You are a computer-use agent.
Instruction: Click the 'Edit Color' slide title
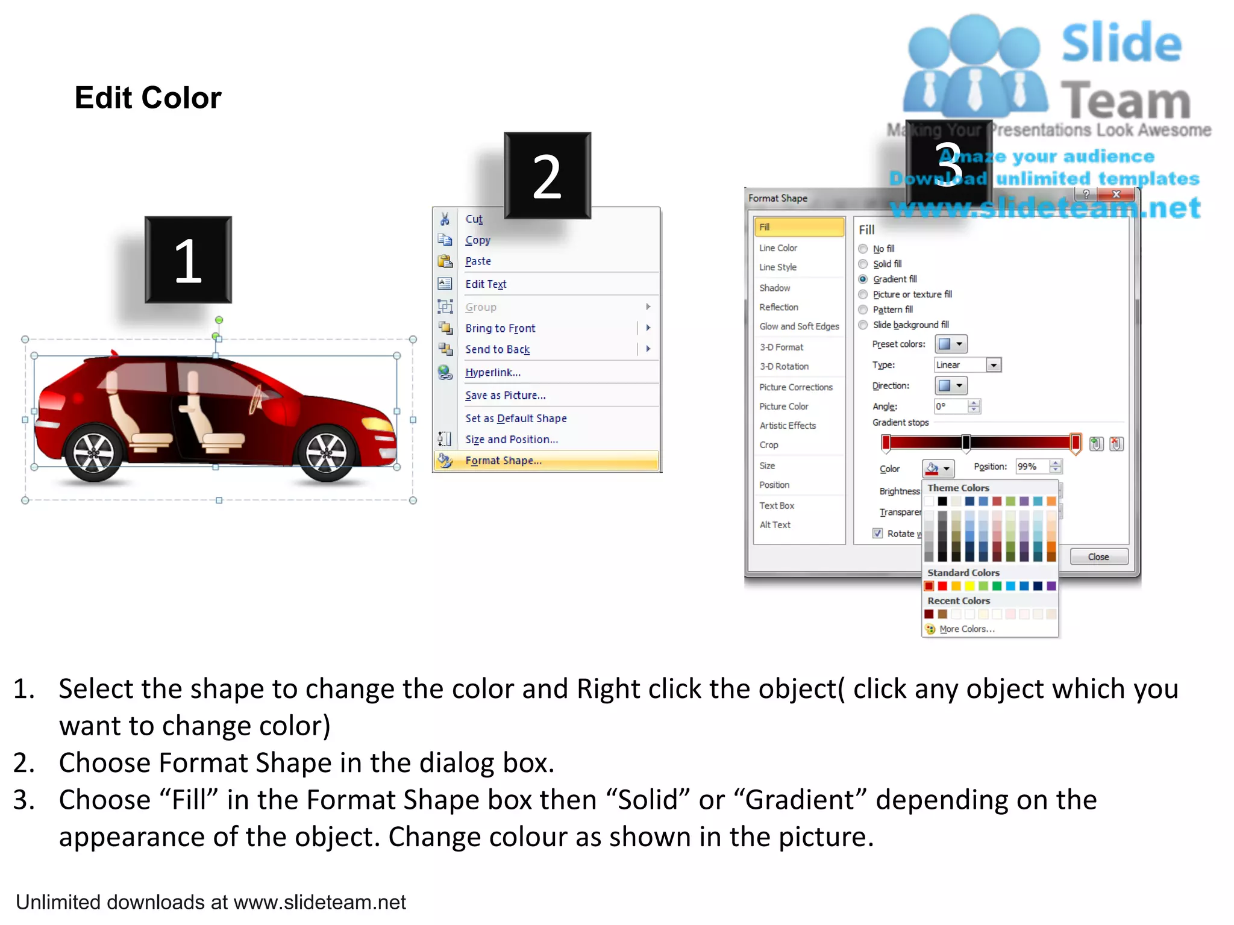coord(148,98)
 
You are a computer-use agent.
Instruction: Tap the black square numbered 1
coord(188,260)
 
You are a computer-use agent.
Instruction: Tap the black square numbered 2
coord(547,175)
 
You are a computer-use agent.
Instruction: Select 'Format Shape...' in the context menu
coord(503,461)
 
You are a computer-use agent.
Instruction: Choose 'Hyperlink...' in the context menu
coord(493,373)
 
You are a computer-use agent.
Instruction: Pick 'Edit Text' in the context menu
coord(486,284)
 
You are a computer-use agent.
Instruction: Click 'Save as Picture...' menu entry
coord(505,396)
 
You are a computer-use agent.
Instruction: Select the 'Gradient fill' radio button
coord(863,279)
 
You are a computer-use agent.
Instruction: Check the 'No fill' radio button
coord(863,249)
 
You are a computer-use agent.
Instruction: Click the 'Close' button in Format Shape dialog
coord(1098,557)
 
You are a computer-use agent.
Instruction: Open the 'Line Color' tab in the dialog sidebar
coord(778,248)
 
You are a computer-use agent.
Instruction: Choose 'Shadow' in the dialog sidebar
coord(774,288)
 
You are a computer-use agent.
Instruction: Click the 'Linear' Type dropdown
coord(967,365)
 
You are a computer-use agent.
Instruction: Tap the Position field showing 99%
coord(1032,467)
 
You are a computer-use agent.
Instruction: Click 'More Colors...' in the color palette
coord(966,629)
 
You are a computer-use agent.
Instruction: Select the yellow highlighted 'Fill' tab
coord(798,227)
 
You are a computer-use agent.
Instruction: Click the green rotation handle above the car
coord(219,320)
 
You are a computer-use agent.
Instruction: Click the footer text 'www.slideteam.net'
coord(319,902)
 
